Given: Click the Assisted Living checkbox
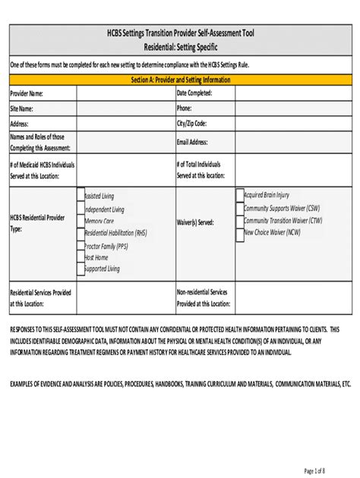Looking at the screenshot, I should click(81, 195).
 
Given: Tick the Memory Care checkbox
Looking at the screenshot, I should click(81, 221).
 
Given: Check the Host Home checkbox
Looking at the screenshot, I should click(81, 257).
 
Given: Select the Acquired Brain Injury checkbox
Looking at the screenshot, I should click(239, 195).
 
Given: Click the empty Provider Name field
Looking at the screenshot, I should click(125, 93).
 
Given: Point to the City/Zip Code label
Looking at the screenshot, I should click(191, 123).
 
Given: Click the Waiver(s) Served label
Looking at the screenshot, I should click(195, 223).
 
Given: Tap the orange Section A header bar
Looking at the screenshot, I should click(180, 79).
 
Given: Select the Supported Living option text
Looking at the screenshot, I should click(102, 269).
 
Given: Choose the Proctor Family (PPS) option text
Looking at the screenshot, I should click(106, 245).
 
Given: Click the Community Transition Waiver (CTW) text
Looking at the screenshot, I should click(283, 221).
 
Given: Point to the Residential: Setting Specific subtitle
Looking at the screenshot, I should click(180, 48).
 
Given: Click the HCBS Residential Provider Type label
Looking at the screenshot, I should click(37, 222).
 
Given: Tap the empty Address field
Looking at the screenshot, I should click(125, 123).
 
